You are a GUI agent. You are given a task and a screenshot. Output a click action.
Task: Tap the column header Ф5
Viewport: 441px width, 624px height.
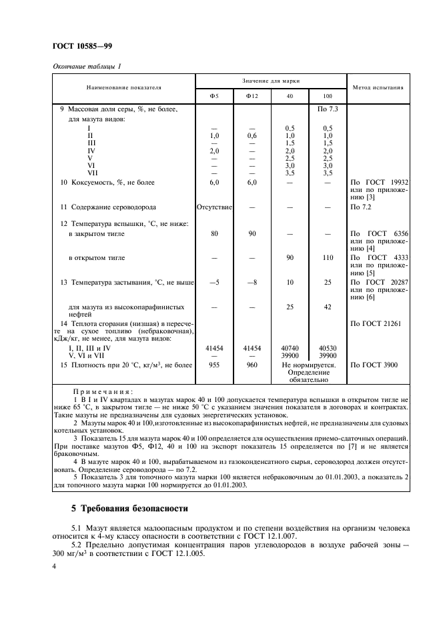tap(213, 95)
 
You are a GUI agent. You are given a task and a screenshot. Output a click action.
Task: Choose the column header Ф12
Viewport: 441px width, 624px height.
tap(252, 95)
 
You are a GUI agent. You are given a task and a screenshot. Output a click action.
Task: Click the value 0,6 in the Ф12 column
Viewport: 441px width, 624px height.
tap(252, 135)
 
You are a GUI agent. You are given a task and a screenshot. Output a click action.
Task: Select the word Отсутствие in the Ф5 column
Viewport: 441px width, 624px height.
tap(213, 207)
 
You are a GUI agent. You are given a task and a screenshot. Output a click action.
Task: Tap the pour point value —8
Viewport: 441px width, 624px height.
tap(252, 282)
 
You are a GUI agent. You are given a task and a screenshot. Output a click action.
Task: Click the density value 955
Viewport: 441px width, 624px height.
tap(213, 365)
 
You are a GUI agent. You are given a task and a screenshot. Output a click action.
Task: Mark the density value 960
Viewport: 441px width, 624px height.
tap(252, 365)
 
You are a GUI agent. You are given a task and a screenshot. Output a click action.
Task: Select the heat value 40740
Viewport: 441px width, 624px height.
tap(290, 348)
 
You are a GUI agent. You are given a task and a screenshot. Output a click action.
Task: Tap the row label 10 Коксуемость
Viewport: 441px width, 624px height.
tap(107, 181)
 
